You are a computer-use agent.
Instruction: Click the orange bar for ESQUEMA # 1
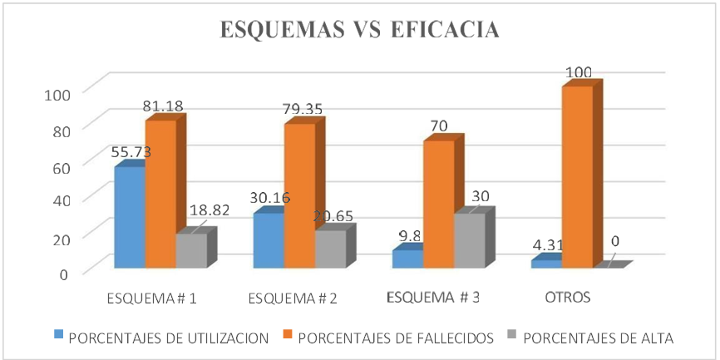[160, 194]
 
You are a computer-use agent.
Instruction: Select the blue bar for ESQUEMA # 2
[269, 240]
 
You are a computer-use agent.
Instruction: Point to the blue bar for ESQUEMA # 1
[131, 217]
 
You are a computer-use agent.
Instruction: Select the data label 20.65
[333, 217]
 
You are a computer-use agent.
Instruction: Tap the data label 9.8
[409, 239]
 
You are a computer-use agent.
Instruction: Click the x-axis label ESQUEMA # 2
[293, 298]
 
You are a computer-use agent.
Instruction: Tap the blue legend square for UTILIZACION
[59, 337]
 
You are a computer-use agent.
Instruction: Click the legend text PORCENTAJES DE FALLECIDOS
[396, 338]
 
